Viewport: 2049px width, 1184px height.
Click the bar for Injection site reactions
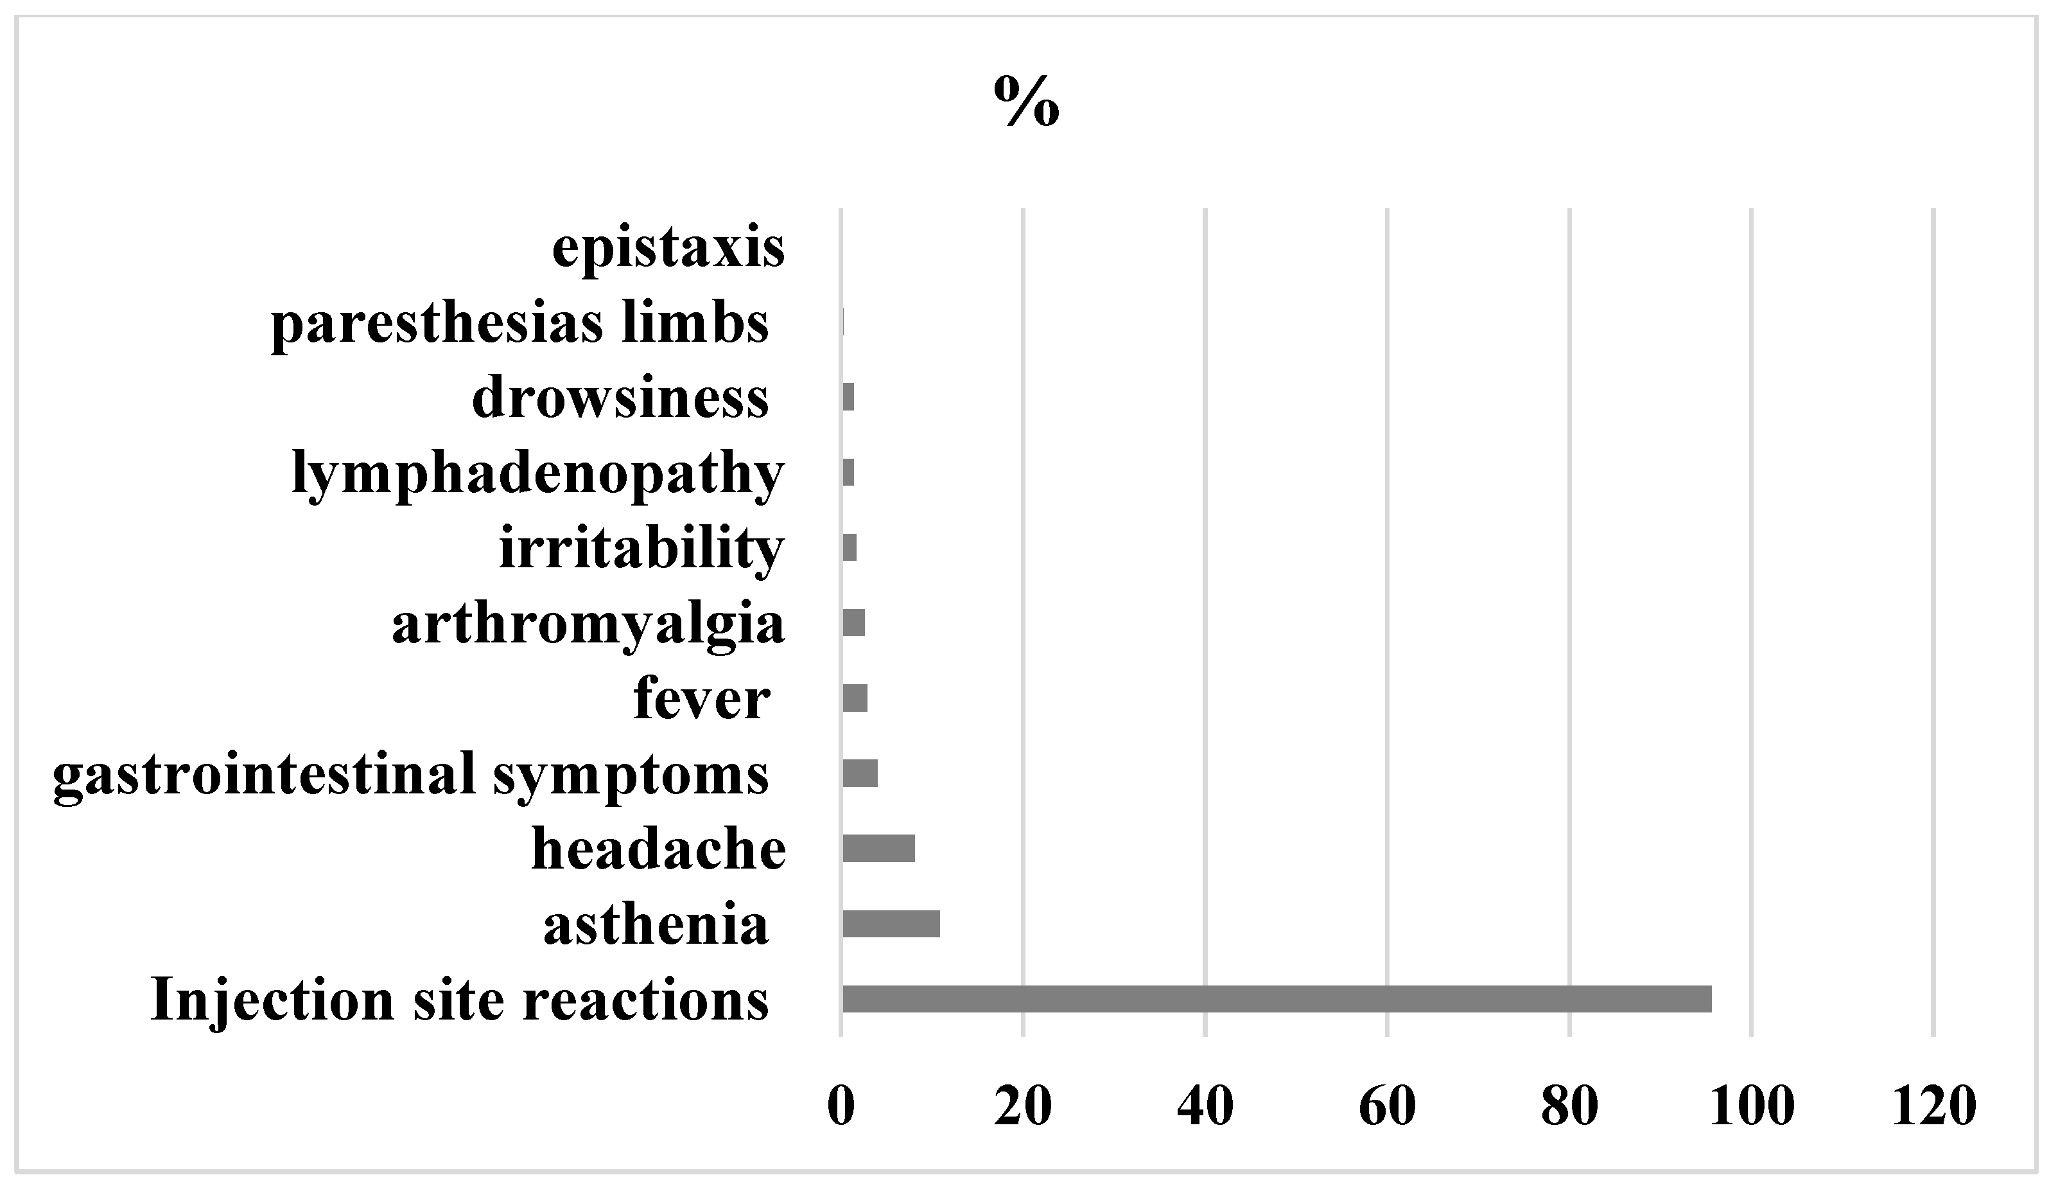coord(1276,998)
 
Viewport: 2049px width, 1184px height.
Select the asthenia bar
coord(891,924)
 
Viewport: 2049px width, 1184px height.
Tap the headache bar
coord(878,848)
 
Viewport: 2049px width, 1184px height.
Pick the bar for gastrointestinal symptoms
coord(860,773)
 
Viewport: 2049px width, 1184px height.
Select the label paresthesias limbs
coord(519,323)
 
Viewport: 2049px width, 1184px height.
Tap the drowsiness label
coord(620,398)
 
